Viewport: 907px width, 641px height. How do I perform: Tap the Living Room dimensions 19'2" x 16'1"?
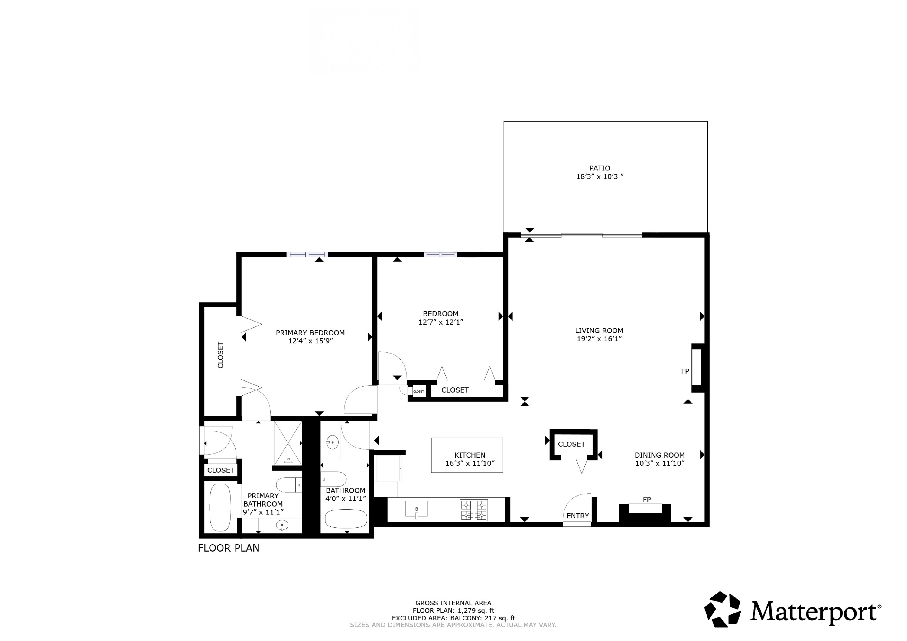599,339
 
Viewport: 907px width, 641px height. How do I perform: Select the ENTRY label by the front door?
577,516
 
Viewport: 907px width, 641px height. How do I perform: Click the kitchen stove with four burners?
474,510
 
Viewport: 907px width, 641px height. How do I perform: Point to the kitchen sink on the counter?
416,509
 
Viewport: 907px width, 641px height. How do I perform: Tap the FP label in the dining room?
647,500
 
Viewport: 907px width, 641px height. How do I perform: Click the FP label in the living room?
685,371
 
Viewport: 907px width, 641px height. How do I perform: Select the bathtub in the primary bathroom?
220,507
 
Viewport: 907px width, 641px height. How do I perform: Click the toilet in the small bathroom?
334,479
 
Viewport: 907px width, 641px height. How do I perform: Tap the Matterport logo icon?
723,610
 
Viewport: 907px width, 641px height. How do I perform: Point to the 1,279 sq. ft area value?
476,610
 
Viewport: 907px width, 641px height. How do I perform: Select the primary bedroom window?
307,255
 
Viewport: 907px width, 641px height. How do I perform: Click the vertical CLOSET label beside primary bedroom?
220,355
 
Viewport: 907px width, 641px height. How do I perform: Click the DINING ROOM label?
659,455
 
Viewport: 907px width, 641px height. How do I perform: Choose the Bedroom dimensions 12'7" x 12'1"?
440,322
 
